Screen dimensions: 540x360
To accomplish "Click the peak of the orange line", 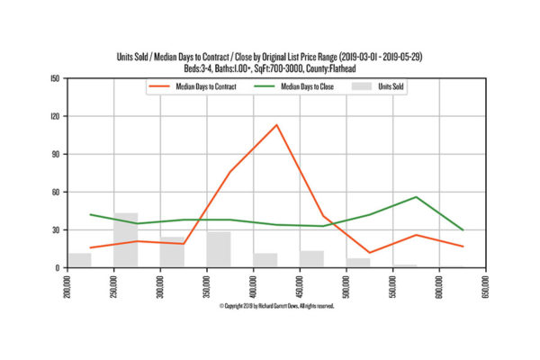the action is [276, 125].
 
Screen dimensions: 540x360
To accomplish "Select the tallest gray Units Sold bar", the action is [126, 239].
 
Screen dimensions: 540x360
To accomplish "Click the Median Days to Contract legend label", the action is [206, 86].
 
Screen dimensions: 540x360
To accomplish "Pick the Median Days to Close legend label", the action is [307, 86].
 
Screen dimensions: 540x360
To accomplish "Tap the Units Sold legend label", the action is [391, 86].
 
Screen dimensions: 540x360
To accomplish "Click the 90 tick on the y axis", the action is [56, 154].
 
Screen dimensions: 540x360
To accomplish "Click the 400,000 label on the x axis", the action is [254, 286].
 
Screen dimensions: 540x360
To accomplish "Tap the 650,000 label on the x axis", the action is [486, 286].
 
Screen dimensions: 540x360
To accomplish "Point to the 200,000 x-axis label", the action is [67, 286].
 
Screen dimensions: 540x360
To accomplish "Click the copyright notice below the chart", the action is [277, 306].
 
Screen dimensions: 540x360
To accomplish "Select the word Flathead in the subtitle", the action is [342, 68].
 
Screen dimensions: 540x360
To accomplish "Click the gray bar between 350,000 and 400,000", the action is [219, 249].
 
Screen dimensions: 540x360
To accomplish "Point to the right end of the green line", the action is [463, 229].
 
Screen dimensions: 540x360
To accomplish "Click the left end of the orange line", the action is [91, 247].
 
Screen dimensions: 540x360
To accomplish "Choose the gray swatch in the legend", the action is [362, 86].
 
